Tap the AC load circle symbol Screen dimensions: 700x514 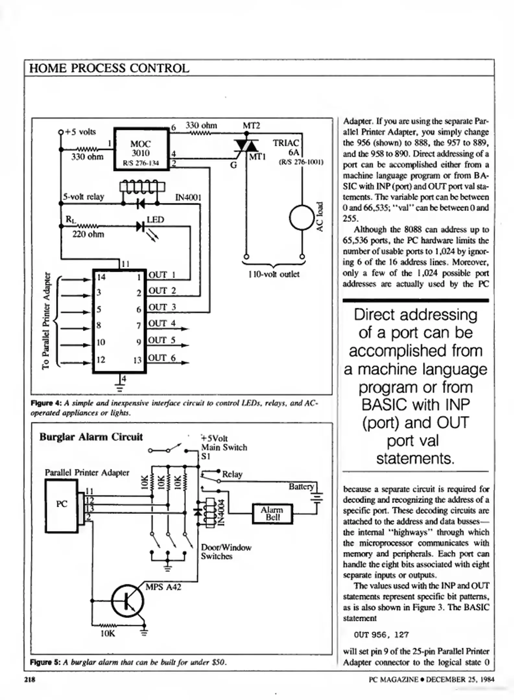coord(302,218)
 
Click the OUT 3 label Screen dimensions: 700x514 coord(162,307)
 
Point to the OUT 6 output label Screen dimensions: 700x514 coord(162,358)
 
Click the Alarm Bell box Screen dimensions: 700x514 coord(272,514)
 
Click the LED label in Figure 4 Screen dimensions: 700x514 coord(155,220)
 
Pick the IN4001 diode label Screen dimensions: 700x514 coord(188,197)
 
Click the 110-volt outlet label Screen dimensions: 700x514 coord(274,274)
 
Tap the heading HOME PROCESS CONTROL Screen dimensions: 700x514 coord(109,68)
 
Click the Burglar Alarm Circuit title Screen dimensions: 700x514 coord(91,437)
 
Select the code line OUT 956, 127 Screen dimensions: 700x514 coord(381,635)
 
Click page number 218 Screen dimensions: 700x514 coord(30,679)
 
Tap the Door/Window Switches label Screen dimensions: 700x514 coord(226,552)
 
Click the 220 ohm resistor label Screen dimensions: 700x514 coord(88,234)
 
